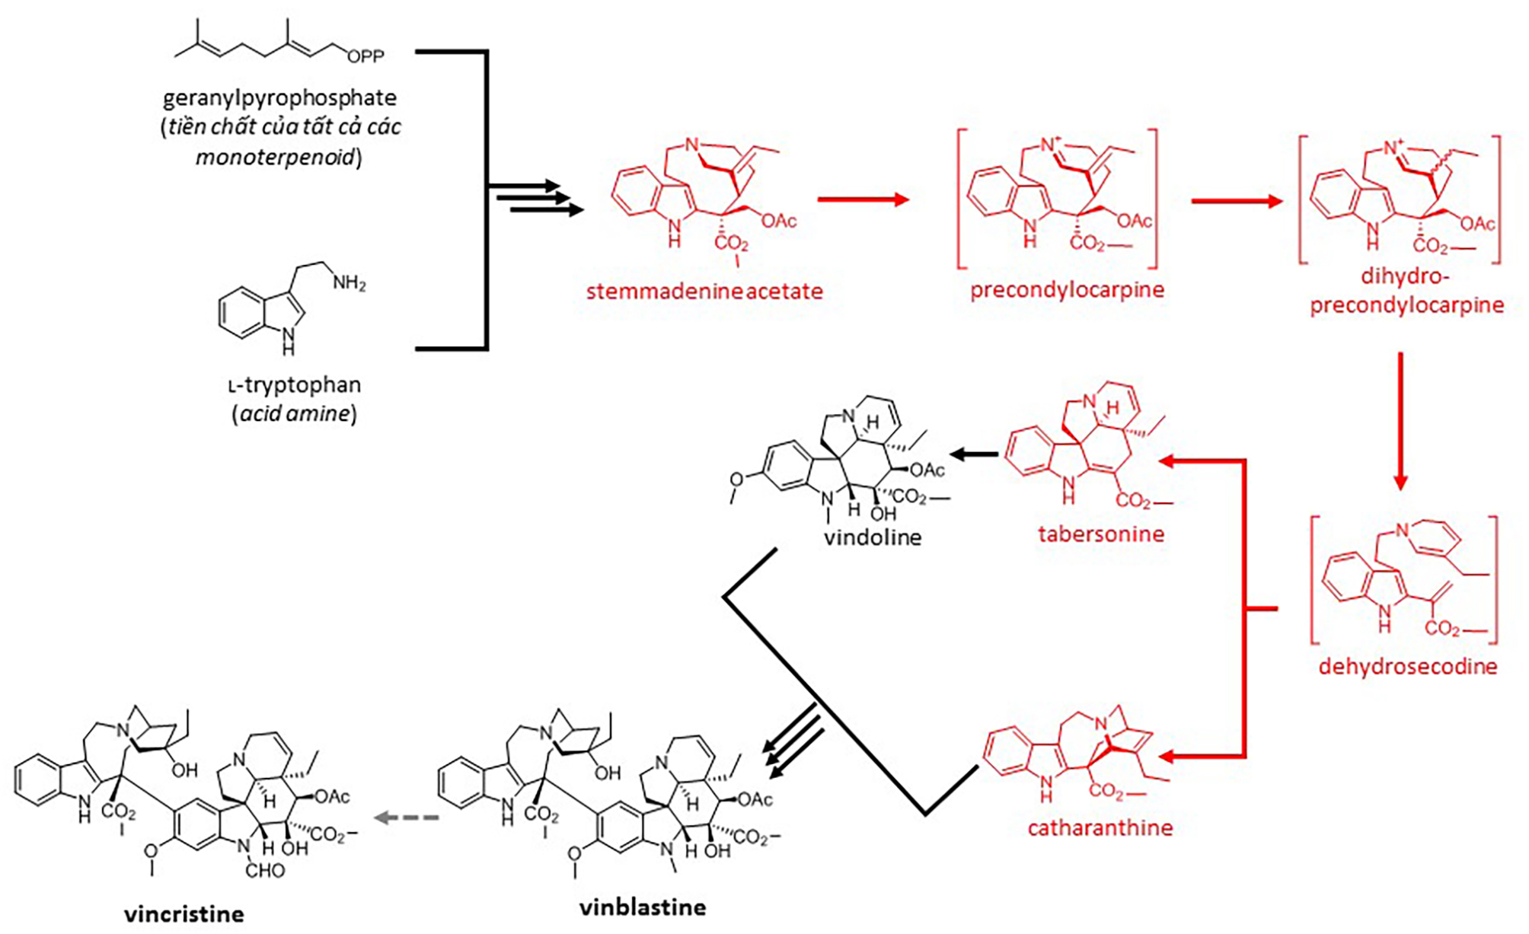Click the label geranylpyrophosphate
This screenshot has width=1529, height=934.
pos(279,98)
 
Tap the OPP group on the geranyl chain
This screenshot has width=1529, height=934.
pos(365,56)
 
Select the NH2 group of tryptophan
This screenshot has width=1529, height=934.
pos(349,283)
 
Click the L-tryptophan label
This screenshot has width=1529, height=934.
pos(295,384)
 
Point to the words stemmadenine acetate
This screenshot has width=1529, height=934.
pos(704,292)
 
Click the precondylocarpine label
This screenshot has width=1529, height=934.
pos(1067,290)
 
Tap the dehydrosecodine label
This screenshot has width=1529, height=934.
pos(1407,667)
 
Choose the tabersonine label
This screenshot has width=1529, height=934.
pos(1100,534)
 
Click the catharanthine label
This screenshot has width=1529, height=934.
pos(1100,827)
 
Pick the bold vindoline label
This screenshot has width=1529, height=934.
pos(873,537)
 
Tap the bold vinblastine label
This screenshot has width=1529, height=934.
pos(642,907)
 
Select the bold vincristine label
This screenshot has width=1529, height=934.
pos(184,913)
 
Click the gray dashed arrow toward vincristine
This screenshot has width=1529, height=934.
pos(407,818)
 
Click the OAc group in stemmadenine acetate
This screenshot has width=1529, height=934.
pos(778,221)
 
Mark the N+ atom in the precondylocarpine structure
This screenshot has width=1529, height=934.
pos(1052,145)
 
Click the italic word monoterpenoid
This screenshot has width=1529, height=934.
pos(276,158)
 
